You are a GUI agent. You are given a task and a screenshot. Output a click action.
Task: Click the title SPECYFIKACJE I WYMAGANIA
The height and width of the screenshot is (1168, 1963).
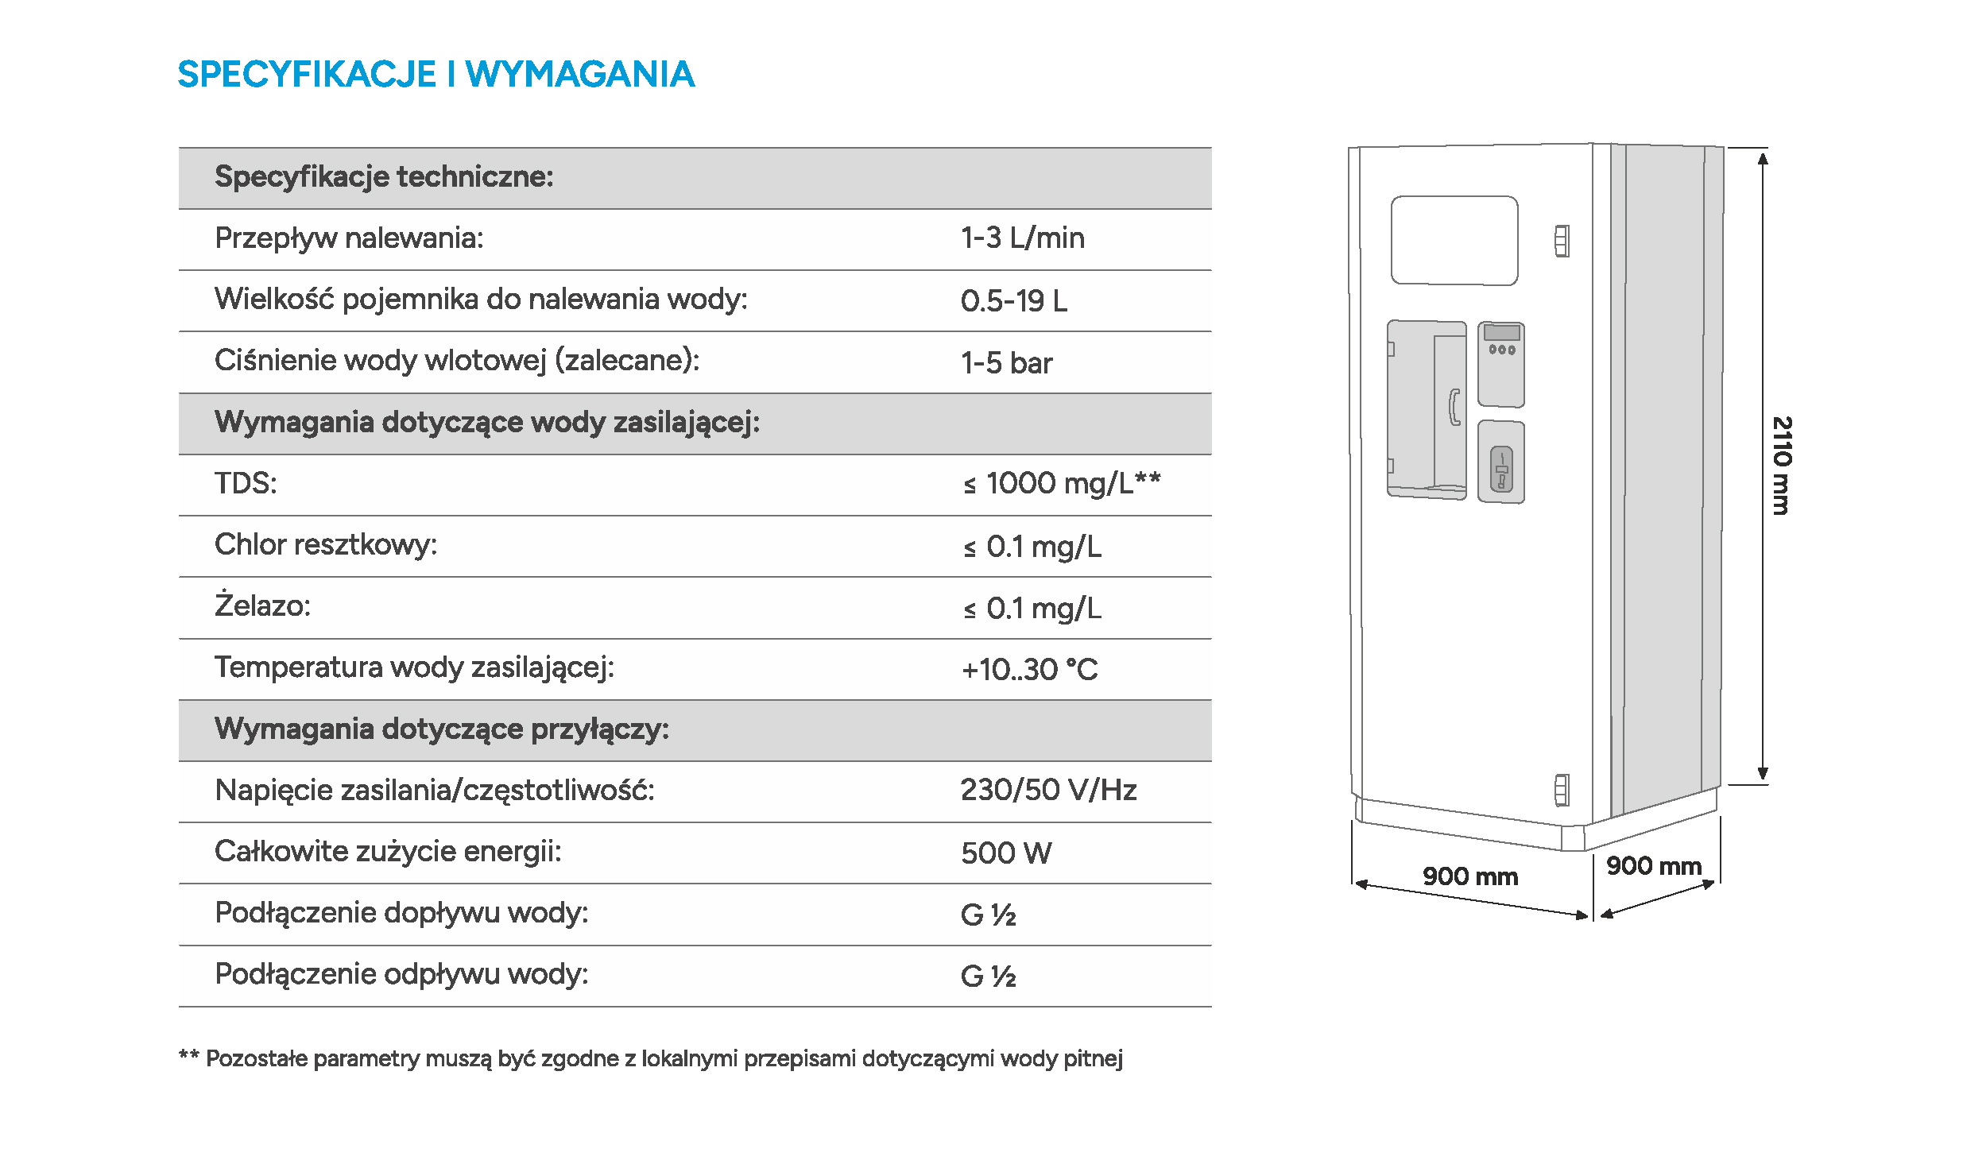click(436, 75)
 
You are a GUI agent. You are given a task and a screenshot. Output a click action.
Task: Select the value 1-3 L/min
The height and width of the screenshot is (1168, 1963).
click(1022, 238)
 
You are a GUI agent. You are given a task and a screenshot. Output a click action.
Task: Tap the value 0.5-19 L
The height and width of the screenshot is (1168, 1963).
click(1013, 301)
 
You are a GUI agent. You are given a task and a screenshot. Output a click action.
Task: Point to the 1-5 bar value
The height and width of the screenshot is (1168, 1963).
click(1006, 363)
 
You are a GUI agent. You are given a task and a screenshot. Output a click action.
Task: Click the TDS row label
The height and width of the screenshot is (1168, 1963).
click(246, 483)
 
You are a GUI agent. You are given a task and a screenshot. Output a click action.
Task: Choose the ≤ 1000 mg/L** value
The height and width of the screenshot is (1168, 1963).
click(1061, 483)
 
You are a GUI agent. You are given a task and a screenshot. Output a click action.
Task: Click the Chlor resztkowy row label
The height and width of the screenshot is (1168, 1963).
click(326, 545)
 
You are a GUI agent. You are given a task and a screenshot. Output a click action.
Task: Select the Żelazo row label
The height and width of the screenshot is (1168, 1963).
click(262, 606)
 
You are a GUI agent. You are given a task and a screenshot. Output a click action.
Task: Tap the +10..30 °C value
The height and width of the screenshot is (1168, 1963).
click(1029, 670)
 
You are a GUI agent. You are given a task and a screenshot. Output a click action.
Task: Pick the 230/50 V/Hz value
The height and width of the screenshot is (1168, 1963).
click(1048, 790)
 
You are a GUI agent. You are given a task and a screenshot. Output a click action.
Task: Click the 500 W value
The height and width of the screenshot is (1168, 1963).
click(1006, 853)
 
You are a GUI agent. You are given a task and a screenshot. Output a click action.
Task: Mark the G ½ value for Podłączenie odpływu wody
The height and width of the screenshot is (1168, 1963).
click(988, 977)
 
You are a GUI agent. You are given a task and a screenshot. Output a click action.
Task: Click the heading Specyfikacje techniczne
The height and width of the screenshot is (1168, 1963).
click(384, 176)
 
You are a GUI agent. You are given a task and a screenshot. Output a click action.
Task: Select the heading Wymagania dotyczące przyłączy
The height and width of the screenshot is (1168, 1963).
click(442, 729)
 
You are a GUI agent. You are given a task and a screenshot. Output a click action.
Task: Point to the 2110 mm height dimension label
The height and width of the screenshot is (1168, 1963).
click(1782, 466)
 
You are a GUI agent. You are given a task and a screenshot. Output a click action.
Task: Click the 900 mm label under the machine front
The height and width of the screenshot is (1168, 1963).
click(1469, 876)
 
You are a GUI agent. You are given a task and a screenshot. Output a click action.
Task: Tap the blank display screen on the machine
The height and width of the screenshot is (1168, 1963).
click(1454, 240)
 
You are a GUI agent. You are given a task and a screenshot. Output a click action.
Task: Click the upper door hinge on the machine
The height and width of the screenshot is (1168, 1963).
click(1562, 241)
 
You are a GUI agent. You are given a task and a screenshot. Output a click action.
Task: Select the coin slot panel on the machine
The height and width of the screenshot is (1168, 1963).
click(1501, 462)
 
